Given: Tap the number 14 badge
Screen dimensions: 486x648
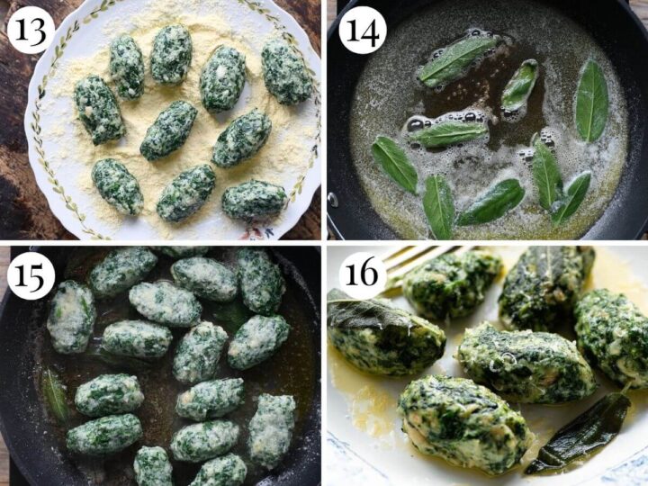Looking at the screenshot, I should point(362,30).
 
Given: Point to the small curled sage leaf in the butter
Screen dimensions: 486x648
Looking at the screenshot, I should point(519,86).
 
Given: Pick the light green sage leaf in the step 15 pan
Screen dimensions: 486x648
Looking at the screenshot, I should point(55,396).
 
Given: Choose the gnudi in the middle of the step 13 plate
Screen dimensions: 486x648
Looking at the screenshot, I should point(168,130).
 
